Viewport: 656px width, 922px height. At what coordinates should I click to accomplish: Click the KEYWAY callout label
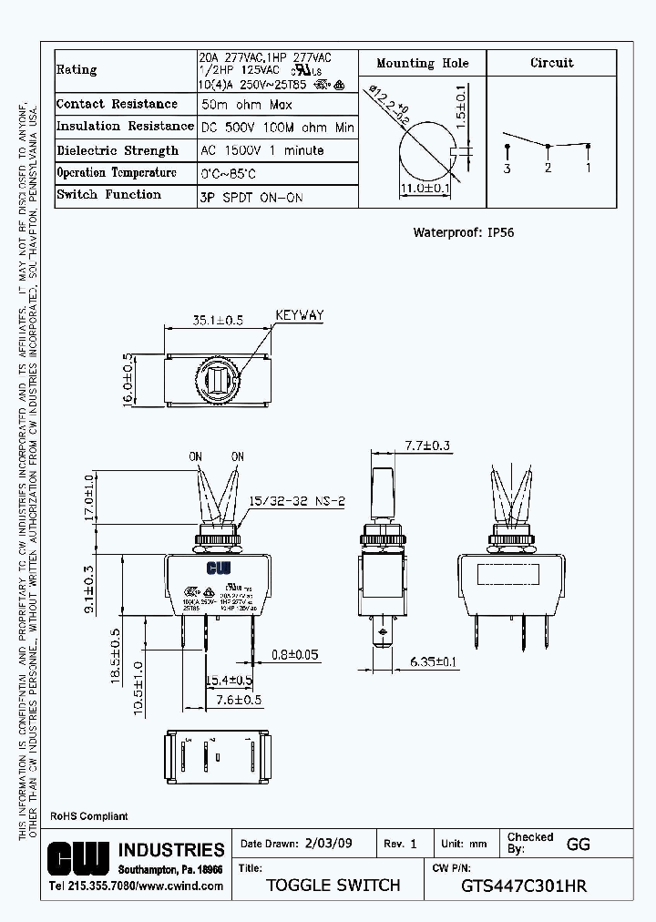coord(299,316)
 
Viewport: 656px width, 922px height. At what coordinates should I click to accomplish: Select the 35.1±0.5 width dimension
coord(218,320)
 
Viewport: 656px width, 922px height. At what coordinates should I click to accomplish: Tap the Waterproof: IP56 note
coord(463,232)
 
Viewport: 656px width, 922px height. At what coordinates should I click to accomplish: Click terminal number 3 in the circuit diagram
coord(507,169)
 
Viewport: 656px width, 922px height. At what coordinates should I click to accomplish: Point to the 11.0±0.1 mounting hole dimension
coord(426,189)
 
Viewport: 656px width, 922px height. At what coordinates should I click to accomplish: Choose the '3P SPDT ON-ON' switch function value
coord(251,197)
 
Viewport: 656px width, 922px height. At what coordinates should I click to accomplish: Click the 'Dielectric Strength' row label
coord(118,150)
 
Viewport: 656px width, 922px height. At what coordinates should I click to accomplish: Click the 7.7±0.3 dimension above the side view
coord(427,446)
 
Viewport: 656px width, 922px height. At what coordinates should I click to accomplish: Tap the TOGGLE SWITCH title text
coord(333,886)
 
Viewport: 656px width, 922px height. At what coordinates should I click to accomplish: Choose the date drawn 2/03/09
coord(327,844)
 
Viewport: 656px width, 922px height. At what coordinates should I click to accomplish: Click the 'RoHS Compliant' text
coord(88,816)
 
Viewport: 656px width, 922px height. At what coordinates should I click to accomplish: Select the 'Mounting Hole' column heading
coord(423,63)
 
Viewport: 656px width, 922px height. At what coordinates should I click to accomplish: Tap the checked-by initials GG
coord(578,844)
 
